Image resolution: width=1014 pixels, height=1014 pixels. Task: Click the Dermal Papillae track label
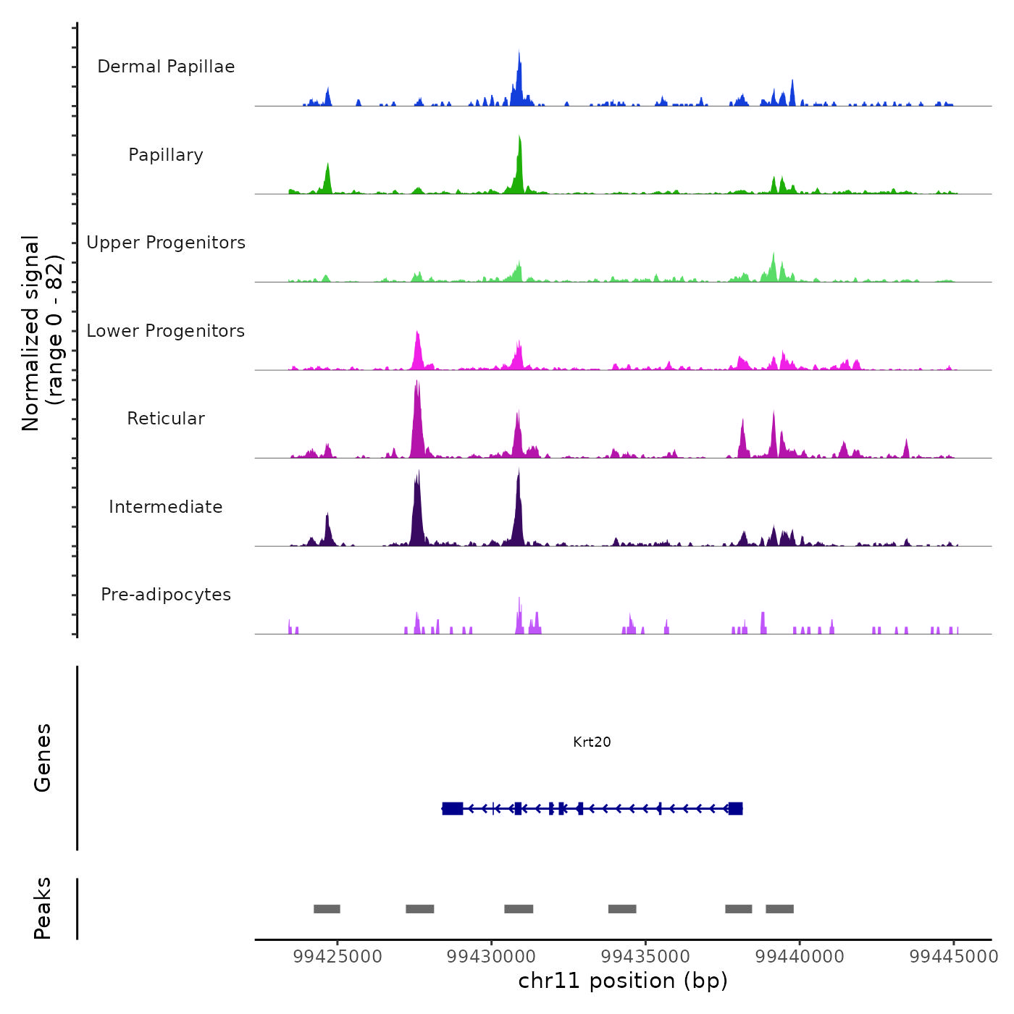[166, 67]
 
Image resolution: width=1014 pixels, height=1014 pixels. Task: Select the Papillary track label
[166, 155]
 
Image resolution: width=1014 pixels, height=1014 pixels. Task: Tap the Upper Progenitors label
[166, 243]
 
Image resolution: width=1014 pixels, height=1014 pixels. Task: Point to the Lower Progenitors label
[166, 331]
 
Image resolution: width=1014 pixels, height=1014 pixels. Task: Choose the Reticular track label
[166, 419]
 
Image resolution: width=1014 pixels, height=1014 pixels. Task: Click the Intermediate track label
[166, 507]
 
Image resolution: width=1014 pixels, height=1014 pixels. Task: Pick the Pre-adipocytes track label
[166, 595]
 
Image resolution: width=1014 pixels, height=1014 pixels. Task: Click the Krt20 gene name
[592, 742]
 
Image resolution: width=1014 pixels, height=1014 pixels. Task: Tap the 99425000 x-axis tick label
[338, 957]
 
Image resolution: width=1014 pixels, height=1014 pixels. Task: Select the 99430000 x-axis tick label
[492, 957]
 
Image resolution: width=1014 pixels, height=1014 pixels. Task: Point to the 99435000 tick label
[646, 957]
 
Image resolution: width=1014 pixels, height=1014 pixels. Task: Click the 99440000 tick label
[800, 957]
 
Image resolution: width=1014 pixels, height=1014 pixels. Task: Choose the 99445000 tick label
[954, 957]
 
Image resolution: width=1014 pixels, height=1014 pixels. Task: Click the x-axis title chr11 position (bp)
[623, 981]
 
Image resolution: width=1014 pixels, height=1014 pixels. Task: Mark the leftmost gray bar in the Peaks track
[327, 909]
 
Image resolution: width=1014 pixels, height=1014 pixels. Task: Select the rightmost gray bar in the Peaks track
[779, 909]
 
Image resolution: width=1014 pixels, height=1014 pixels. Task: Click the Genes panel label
[43, 758]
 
